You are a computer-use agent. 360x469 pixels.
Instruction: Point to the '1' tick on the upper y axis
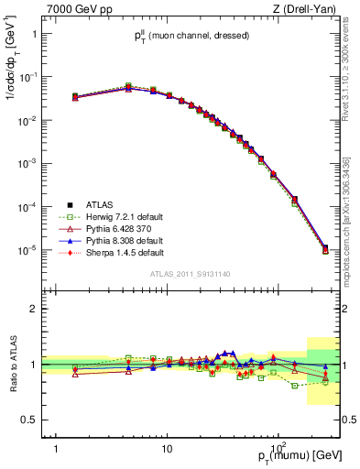[x=33, y=35]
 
